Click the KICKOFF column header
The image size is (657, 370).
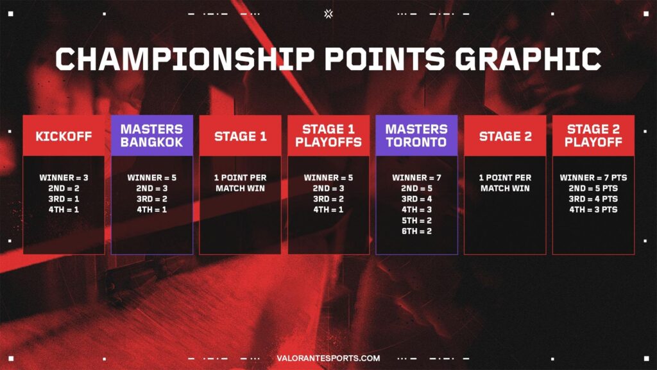(x=64, y=136)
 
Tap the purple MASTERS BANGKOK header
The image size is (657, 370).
(x=151, y=136)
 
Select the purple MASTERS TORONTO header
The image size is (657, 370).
(x=416, y=136)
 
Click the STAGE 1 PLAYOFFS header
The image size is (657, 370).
(x=328, y=136)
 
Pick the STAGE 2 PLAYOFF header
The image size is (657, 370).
(x=593, y=136)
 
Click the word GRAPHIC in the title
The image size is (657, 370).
(x=528, y=58)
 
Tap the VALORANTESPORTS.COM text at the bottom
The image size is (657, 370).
(x=328, y=358)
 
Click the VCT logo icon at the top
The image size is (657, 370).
(x=328, y=12)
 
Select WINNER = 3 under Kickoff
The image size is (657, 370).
(x=64, y=177)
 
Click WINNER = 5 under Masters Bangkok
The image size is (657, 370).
(x=151, y=177)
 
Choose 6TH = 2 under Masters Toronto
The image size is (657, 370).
(x=416, y=231)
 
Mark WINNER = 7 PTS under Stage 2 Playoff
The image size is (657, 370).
(x=593, y=177)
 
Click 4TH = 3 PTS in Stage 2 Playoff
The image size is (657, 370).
(x=593, y=209)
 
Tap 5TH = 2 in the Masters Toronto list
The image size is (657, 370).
(x=416, y=220)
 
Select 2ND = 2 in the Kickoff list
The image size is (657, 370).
(x=64, y=188)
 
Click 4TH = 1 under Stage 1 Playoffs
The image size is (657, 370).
(x=328, y=209)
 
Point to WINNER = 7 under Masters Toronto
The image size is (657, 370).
(x=416, y=177)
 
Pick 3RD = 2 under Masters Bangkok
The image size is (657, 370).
(x=151, y=199)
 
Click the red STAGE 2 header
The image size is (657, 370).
(x=505, y=136)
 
